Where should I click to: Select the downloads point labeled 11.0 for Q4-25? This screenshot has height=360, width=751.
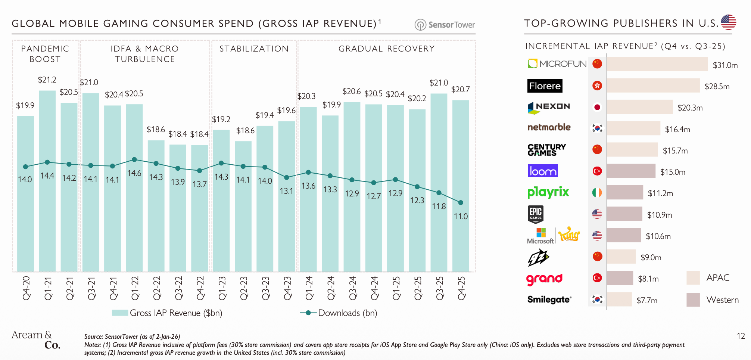461,202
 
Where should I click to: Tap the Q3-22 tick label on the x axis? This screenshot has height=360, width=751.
178,288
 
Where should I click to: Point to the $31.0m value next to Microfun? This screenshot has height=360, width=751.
725,65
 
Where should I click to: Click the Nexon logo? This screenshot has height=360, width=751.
549,107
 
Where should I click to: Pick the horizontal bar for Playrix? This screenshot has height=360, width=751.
624,193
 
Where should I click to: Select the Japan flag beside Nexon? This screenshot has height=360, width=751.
597,107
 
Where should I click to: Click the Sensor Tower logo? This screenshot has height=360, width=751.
445,25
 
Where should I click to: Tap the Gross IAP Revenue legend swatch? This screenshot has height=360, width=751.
120,313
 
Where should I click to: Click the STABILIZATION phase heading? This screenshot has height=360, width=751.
254,49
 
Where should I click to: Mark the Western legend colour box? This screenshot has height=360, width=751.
693,300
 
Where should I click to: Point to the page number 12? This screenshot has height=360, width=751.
741,336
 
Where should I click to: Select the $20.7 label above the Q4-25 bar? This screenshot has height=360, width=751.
460,90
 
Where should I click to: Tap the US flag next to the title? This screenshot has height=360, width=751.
728,22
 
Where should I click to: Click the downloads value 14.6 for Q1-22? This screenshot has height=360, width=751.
134,173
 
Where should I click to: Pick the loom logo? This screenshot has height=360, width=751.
543,171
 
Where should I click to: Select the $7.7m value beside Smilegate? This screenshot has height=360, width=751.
646,301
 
